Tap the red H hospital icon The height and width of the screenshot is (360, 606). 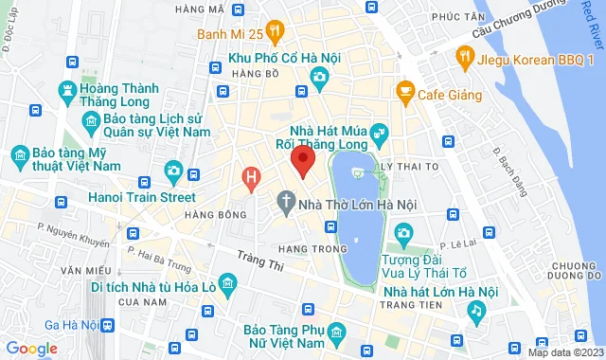point(251,177)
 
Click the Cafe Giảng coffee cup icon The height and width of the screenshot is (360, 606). point(405,93)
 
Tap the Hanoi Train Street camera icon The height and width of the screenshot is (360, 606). point(173,171)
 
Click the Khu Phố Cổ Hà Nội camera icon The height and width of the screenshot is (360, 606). point(320,75)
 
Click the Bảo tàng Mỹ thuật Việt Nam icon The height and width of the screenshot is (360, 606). point(19,153)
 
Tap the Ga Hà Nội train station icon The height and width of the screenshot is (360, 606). point(106,325)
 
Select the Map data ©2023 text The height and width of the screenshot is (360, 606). point(564,352)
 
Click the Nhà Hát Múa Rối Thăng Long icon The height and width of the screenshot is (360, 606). point(379,132)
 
